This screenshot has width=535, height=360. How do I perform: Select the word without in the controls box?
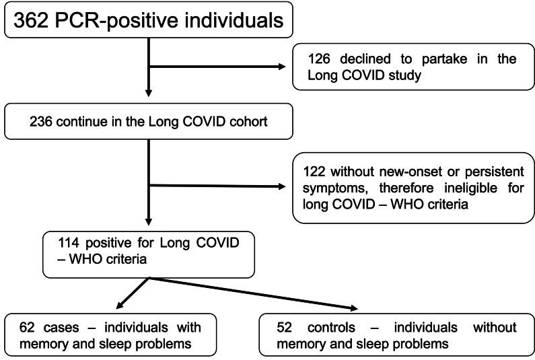(x=494, y=327)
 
